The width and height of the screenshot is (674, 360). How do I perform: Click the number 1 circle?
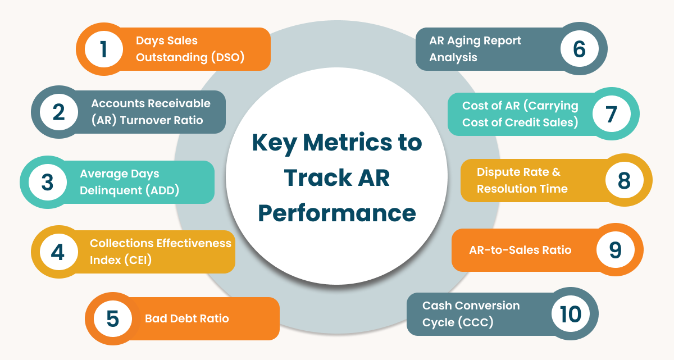click(104, 49)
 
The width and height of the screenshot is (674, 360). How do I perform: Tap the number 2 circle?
click(59, 112)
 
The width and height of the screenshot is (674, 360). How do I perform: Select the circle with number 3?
click(48, 183)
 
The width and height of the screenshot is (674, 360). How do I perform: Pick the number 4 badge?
click(59, 252)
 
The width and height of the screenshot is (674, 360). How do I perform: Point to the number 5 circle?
click(113, 319)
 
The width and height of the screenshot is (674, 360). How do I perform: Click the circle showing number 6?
click(580, 49)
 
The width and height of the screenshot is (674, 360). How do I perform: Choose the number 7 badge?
click(612, 113)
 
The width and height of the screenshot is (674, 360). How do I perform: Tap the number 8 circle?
click(625, 180)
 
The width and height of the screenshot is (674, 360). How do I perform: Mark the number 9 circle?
click(616, 249)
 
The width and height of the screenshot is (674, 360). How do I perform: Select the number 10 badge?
click(571, 314)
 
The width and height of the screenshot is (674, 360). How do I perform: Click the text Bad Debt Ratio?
click(187, 318)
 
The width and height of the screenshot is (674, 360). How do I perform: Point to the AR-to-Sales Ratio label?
click(520, 250)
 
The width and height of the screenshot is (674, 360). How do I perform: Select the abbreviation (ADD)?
click(162, 190)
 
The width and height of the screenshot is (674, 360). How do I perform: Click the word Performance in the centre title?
click(337, 213)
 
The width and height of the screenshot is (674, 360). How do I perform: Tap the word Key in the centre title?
click(275, 143)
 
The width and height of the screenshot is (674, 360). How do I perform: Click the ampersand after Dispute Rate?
click(556, 172)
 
